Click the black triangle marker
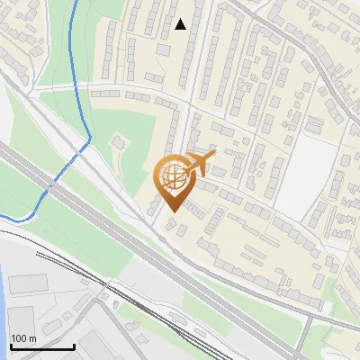coord(181,24)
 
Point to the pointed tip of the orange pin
coord(172,211)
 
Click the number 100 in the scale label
coord(19,338)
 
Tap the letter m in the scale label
coord(32,338)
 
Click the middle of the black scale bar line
coord(40,347)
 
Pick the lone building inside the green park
coord(117,142)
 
